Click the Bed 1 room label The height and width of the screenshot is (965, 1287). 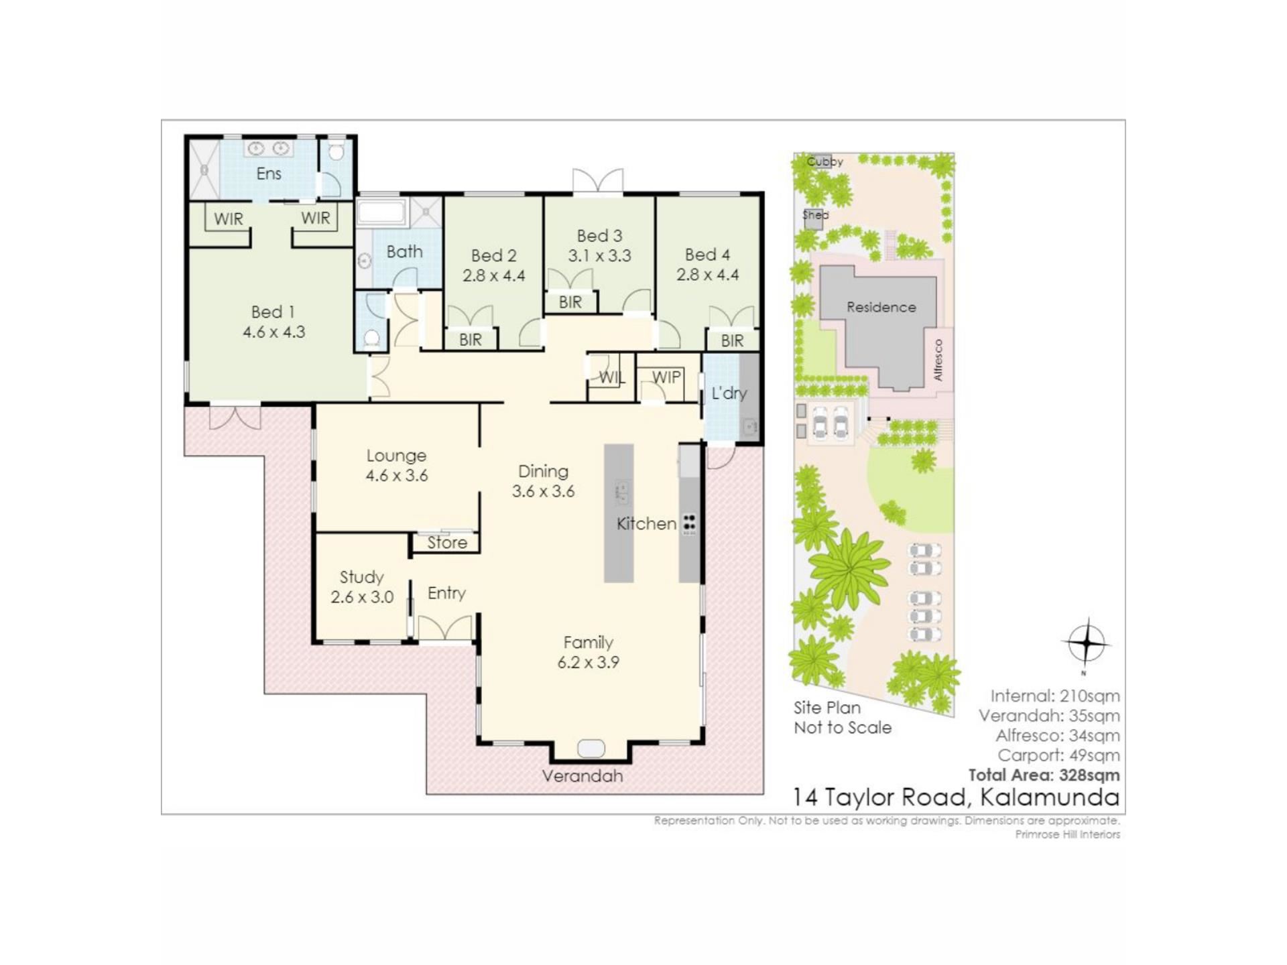click(273, 312)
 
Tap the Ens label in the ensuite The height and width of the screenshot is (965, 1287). click(269, 174)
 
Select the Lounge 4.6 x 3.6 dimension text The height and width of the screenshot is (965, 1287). click(397, 476)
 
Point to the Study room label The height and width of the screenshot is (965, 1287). click(362, 577)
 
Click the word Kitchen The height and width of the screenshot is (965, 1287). click(646, 523)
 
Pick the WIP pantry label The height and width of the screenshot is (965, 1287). click(666, 377)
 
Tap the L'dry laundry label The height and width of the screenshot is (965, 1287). click(729, 393)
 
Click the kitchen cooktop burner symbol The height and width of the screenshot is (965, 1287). click(689, 524)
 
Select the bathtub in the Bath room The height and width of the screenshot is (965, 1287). click(382, 212)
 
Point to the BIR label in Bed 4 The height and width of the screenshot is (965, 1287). click(732, 341)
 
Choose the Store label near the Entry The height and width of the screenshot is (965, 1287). click(447, 542)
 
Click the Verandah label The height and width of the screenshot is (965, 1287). click(583, 776)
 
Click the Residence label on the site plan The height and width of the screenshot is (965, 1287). click(881, 308)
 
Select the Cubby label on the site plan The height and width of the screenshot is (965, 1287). click(824, 162)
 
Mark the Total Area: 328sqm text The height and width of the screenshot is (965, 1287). click(1044, 775)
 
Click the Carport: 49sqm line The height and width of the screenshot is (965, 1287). click(1059, 755)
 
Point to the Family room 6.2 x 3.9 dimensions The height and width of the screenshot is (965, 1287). click(589, 663)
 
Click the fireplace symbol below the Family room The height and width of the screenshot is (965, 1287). click(591, 748)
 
